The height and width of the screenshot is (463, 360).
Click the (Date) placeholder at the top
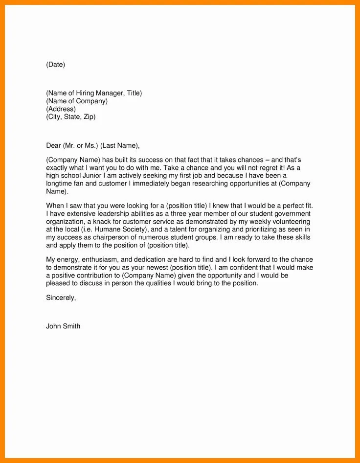click(x=55, y=65)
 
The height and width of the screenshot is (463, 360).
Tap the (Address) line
click(x=61, y=109)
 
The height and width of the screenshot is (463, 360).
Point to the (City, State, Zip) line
click(x=71, y=117)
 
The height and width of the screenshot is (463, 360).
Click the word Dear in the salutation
click(x=53, y=145)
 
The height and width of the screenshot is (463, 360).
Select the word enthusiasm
click(x=96, y=259)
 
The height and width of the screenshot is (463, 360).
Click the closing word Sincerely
click(x=61, y=297)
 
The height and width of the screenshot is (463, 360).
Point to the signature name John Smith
click(x=63, y=326)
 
